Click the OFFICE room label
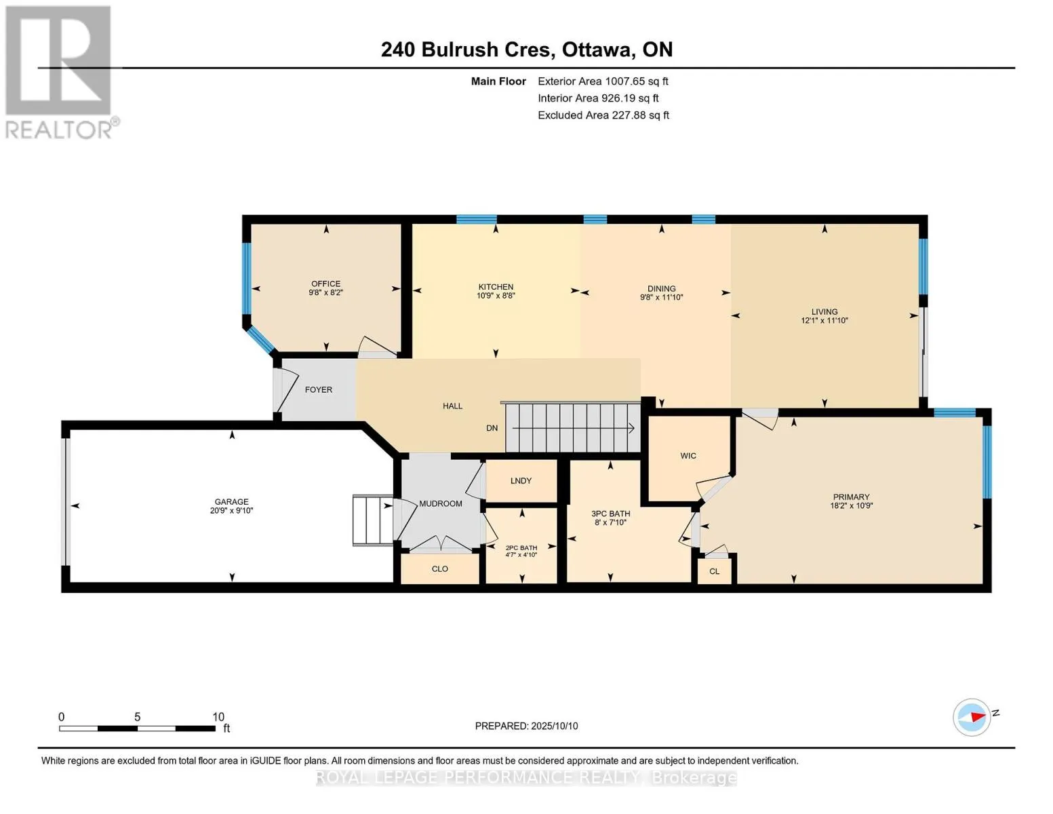[x=325, y=284]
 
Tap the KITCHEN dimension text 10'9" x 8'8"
[x=496, y=295]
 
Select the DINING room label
[x=662, y=288]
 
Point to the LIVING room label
[x=824, y=312]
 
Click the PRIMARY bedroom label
[x=851, y=497]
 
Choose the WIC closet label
[x=688, y=456]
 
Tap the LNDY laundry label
[x=521, y=481]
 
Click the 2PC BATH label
[x=521, y=548]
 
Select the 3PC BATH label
[x=610, y=513]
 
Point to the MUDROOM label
[x=441, y=504]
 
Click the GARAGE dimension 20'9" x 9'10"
[x=232, y=511]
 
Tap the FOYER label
[x=319, y=390]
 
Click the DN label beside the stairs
[x=492, y=428]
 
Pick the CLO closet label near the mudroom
[x=440, y=568]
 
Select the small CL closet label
[x=714, y=571]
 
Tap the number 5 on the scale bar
[x=138, y=717]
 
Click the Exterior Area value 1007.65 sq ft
[x=636, y=81]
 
